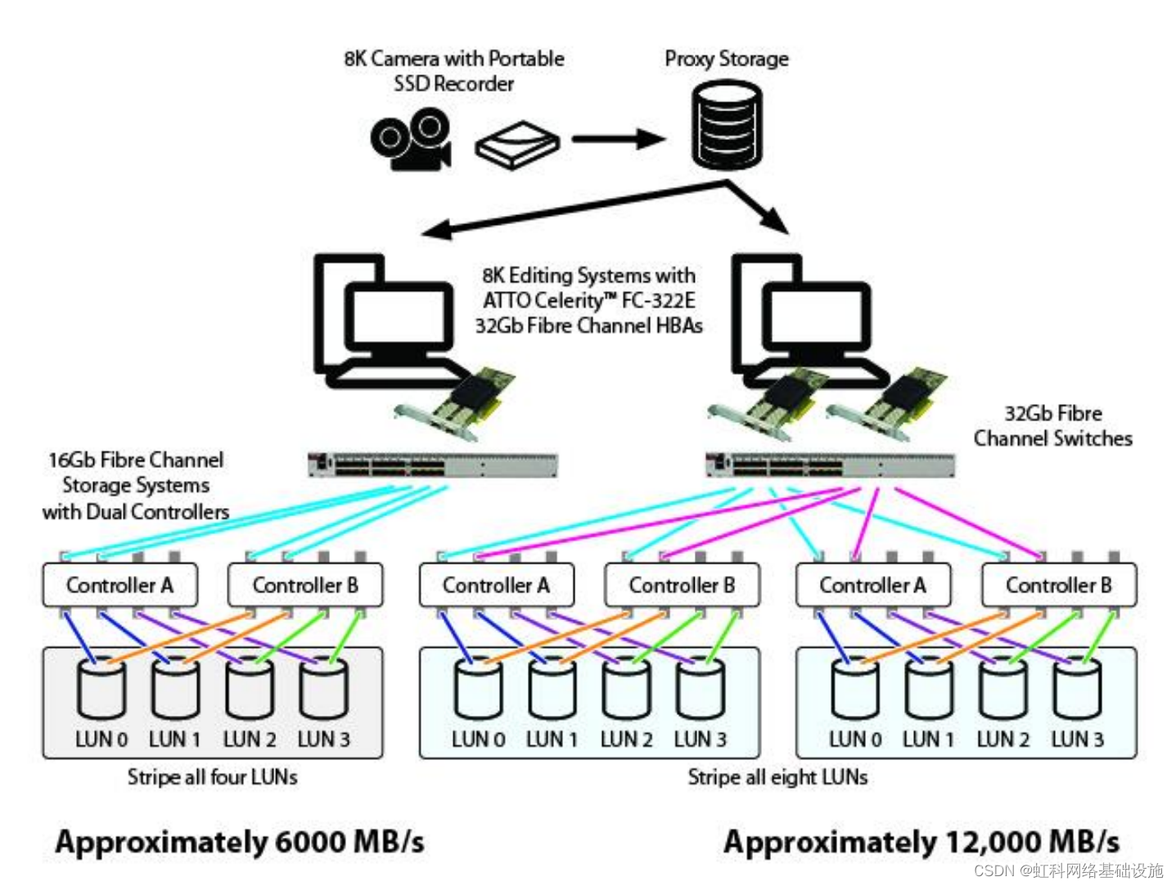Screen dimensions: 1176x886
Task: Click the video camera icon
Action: (x=410, y=139)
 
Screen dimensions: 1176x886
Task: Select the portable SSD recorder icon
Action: (x=517, y=146)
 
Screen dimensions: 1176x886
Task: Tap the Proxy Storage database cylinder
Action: (x=727, y=124)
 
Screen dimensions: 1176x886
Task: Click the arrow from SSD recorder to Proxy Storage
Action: (x=619, y=139)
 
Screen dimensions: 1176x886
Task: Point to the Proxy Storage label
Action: (x=727, y=59)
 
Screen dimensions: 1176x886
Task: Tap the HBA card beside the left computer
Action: (x=455, y=404)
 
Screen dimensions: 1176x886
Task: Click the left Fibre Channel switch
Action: (x=433, y=465)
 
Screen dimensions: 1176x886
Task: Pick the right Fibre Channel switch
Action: (x=830, y=465)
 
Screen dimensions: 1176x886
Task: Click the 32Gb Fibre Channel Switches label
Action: (x=1052, y=426)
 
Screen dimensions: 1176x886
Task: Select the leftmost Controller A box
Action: (x=120, y=585)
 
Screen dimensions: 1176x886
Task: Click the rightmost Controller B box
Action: (x=1059, y=585)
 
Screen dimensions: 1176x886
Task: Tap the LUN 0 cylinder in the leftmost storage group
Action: (x=101, y=687)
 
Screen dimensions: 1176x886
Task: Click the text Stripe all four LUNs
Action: (x=212, y=777)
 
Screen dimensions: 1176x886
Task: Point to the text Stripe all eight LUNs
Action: (x=777, y=777)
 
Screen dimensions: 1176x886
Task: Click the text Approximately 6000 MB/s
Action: (x=240, y=842)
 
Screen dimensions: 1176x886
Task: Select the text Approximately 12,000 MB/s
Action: (x=921, y=842)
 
